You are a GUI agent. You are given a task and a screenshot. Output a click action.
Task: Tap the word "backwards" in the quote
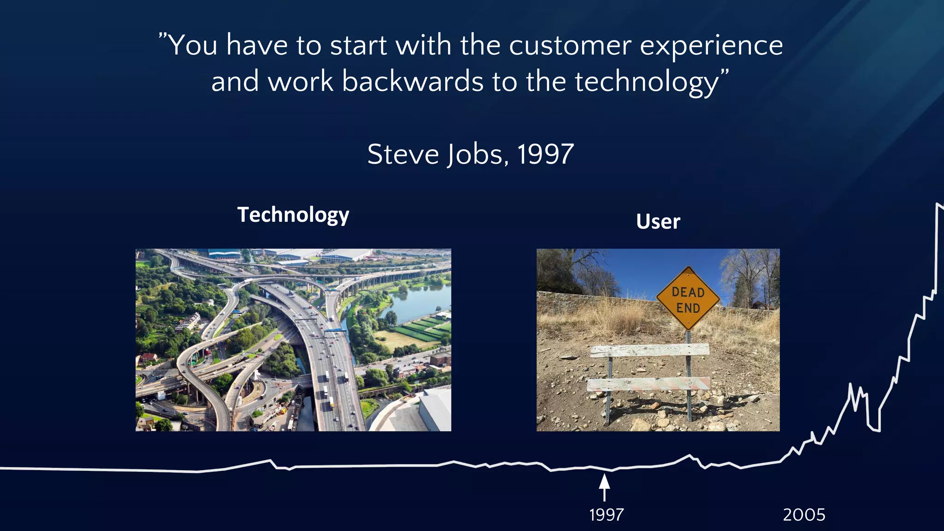click(413, 82)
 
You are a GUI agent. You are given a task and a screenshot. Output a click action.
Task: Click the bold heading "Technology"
click(293, 215)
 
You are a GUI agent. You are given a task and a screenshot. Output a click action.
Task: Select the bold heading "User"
click(658, 222)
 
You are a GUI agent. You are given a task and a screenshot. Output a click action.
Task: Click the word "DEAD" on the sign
click(688, 292)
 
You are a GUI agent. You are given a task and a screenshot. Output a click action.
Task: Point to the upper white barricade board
click(649, 350)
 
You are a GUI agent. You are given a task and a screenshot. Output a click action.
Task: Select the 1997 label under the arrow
click(606, 514)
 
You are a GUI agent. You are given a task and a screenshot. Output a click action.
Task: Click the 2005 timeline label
click(804, 514)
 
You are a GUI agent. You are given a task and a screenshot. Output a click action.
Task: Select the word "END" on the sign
click(688, 308)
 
